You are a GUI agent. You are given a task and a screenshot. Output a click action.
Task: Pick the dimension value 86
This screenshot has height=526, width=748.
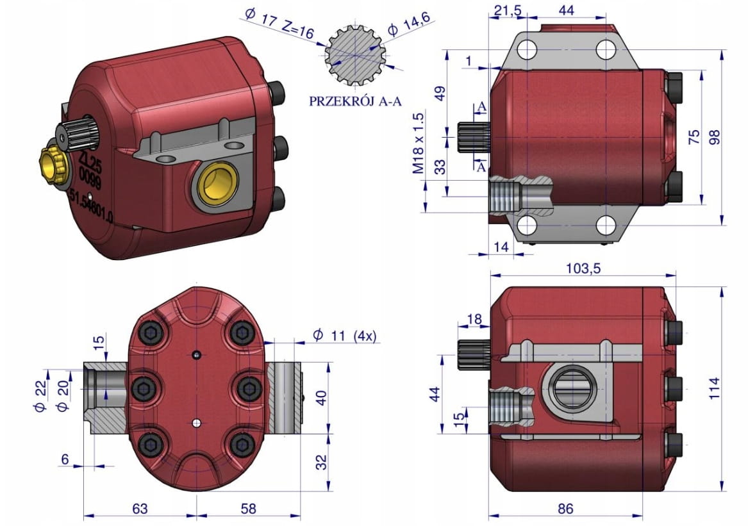point(565,509)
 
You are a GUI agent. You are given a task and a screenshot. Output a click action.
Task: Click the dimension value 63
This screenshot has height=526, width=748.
point(140,509)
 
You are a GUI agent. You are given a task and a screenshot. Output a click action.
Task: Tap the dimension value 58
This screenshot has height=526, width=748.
point(248,509)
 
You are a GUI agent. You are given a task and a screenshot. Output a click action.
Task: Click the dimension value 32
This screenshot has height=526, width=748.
point(322,461)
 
